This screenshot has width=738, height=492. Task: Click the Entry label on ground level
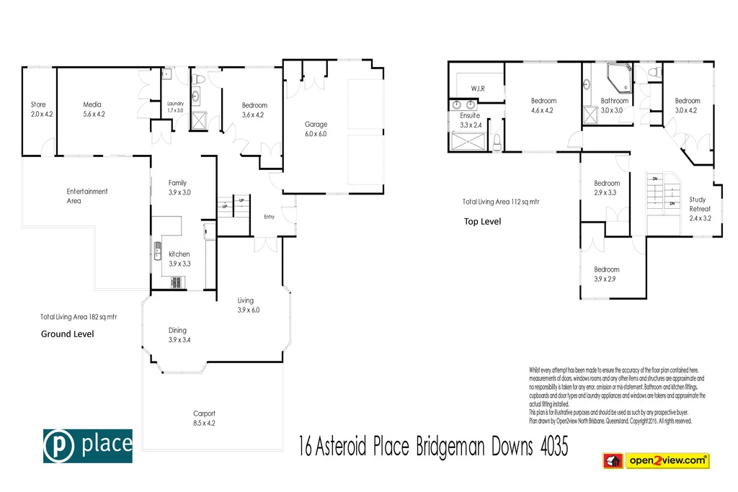[269, 217]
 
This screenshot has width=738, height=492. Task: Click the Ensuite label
[470, 115]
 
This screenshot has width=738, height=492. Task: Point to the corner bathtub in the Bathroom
[618, 75]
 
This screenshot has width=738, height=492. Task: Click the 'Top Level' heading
[482, 222]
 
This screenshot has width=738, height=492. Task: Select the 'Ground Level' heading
[67, 334]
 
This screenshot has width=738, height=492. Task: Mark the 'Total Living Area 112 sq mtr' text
[501, 202]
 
